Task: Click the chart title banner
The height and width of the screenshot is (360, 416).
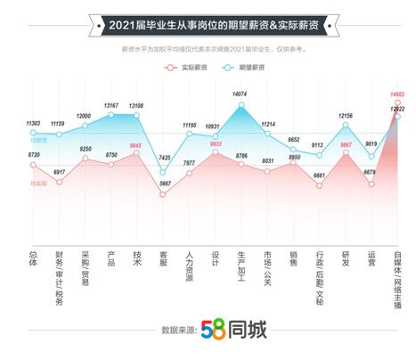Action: (208, 25)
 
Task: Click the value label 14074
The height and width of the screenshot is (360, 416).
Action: (241, 94)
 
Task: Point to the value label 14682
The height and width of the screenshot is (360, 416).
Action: (397, 94)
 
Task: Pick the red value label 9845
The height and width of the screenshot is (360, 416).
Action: (136, 145)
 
